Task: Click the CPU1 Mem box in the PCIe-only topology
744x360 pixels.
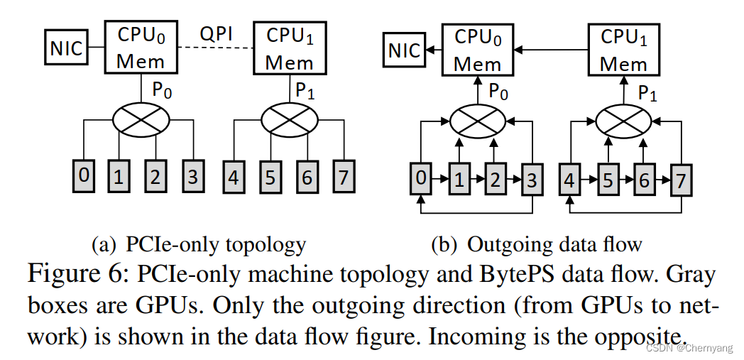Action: [x=290, y=48]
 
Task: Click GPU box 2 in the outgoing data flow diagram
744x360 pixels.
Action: [x=495, y=178]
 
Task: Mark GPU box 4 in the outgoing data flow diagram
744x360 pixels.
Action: [x=569, y=178]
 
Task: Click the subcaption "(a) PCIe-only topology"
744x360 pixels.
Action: [x=199, y=245]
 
